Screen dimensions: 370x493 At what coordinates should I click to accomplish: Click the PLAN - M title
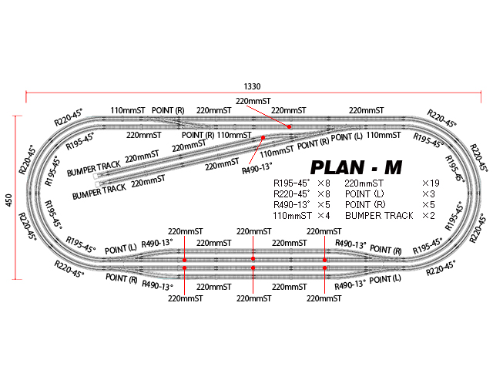point(354,167)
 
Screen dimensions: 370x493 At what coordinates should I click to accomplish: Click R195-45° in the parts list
point(293,184)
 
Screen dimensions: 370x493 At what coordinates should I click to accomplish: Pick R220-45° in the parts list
point(293,194)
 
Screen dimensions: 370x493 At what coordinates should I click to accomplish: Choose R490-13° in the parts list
point(293,205)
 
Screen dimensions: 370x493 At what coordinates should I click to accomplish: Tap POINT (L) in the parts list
point(366,194)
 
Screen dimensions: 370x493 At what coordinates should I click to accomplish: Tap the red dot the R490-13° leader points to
point(263,137)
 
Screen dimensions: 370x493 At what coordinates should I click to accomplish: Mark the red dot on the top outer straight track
point(289,126)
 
